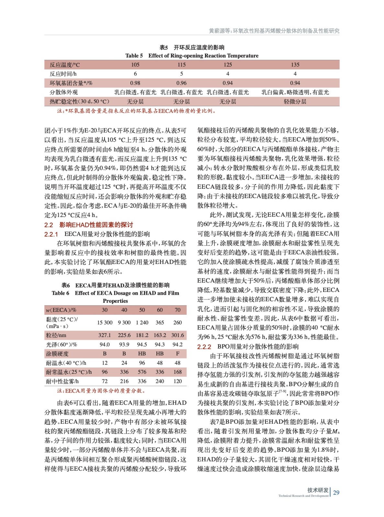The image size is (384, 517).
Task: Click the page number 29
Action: pos(336,492)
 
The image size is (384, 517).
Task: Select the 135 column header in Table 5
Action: pos(295,65)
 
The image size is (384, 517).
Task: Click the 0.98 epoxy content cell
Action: pos(135,83)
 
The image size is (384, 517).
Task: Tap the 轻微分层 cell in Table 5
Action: pos(295,101)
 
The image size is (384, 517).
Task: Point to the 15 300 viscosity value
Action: pos(105,322)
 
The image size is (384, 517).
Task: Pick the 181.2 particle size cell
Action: pos(142,335)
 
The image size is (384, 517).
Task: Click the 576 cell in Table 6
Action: pos(142,372)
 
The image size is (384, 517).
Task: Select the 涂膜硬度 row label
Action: pos(57,353)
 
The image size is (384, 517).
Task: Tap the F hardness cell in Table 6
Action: pos(178,353)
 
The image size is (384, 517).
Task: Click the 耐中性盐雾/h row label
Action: pos(62,381)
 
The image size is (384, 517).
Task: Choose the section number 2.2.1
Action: pos(51,234)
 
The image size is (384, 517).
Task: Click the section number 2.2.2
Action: pos(204,347)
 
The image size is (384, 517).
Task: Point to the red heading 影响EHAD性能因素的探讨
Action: pos(96,225)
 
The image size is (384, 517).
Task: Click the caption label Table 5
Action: pos(134,56)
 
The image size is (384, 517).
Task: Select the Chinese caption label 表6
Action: pos(66,285)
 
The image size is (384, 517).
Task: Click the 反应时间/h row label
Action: pos(63,74)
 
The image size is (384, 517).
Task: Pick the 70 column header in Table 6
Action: pos(178,310)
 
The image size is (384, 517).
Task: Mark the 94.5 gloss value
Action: pos(142,344)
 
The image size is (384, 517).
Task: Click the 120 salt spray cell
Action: pos(178,381)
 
